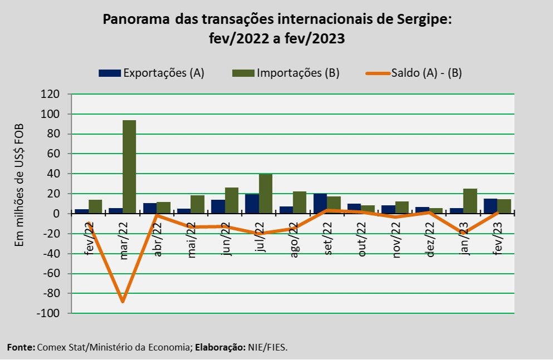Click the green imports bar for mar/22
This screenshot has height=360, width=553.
pos(129,167)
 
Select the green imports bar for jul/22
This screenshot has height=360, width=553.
pos(266,194)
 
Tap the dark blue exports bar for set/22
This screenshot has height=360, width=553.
pos(320,204)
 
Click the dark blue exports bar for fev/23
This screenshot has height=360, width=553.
pos(490,206)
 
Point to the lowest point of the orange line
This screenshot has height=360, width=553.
pos(123,302)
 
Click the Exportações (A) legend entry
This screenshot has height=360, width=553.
pos(151,73)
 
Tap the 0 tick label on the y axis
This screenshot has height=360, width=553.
pos(56,214)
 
